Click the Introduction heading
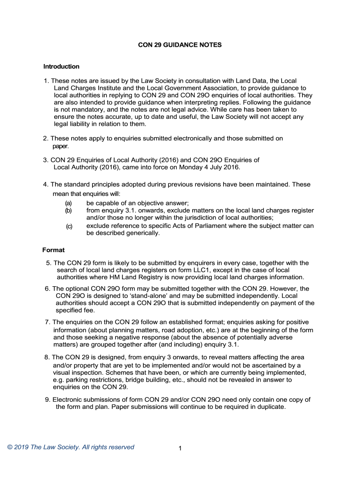coord(61,66)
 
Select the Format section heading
coord(53,250)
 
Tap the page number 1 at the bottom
coord(180,449)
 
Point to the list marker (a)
coord(68,203)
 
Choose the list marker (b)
coord(68,210)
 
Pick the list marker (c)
coord(69,226)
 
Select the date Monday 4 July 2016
coord(211,167)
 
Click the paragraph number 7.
coord(47,322)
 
